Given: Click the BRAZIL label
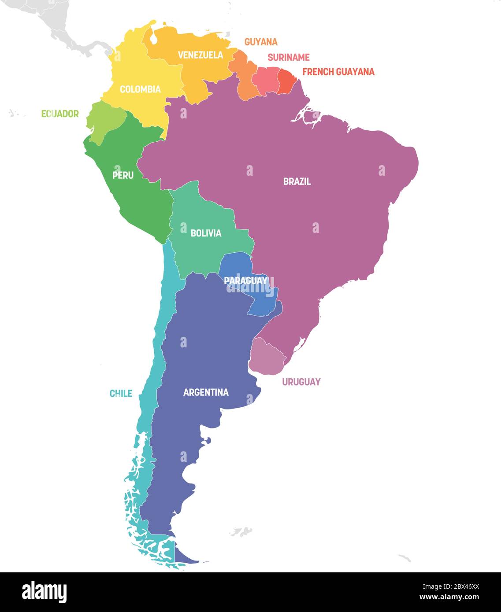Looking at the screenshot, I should [297, 181].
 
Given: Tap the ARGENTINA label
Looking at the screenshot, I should [206, 392].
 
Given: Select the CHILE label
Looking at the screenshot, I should [121, 393].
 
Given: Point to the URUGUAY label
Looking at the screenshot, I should [301, 382].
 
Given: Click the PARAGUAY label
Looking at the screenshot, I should [245, 280].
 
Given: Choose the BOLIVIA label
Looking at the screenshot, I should [206, 233].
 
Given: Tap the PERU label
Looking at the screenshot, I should [123, 175].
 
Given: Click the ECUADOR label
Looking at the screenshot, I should [60, 114].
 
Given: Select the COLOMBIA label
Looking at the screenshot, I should [140, 89].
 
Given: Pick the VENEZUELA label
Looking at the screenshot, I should [200, 55].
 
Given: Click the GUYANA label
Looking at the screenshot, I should [261, 42].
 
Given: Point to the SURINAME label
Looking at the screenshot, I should [289, 57].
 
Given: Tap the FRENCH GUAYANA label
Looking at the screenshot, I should [338, 72].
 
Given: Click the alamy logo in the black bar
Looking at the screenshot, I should [44, 592].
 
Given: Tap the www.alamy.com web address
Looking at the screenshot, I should [449, 597].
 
